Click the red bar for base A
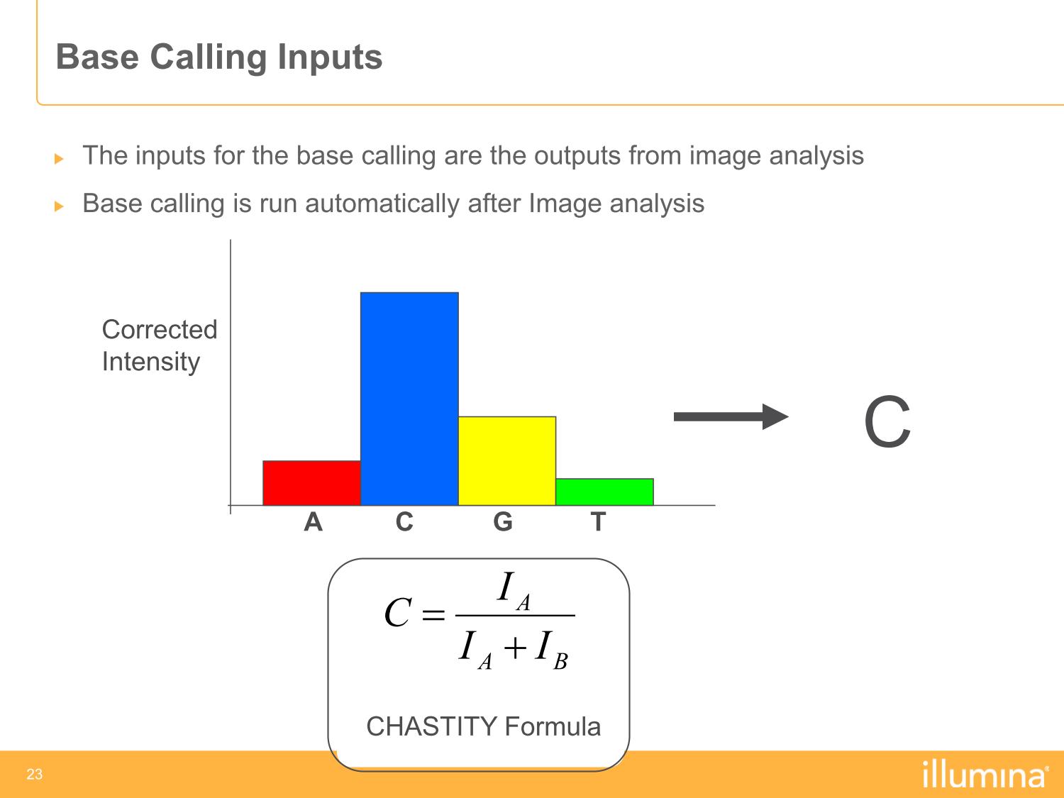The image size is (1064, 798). coord(311,483)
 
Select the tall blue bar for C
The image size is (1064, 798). coord(409,399)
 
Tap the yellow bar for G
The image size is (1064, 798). coord(507,461)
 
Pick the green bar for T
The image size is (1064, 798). coord(604,492)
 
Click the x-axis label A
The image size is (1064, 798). coord(313,522)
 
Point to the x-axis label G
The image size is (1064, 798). coord(503,522)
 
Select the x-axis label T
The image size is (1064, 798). coord(598,522)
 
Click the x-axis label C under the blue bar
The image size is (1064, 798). coord(404,522)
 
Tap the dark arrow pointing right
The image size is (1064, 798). coord(731,416)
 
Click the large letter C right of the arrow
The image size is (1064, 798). coord(887,421)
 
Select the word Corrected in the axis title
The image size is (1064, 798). coord(160,329)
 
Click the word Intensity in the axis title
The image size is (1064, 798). coord(151,362)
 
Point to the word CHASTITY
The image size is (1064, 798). coord(432,726)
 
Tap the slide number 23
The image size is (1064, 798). coord(35,774)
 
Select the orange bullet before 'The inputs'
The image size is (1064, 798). coord(59,158)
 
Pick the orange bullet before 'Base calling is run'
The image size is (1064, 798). coord(59,206)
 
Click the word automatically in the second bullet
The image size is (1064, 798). coord(382,204)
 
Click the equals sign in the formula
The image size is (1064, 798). coord(433,616)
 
